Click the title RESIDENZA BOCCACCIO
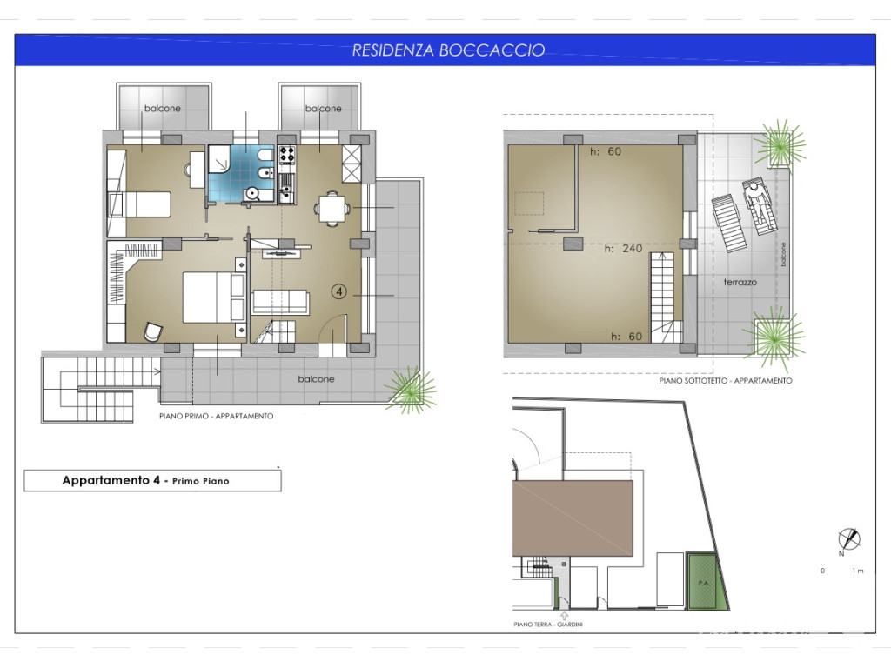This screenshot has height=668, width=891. [x=448, y=50]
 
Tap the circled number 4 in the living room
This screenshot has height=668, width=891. [x=339, y=292]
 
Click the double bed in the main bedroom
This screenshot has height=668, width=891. [x=214, y=297]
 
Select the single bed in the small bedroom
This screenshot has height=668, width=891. [x=139, y=204]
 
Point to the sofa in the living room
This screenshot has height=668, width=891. [x=280, y=302]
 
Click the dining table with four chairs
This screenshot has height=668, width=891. [x=332, y=209]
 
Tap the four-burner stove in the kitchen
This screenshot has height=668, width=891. [x=286, y=154]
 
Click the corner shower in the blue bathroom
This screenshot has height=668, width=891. [x=218, y=158]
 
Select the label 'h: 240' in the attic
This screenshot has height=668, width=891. [x=623, y=248]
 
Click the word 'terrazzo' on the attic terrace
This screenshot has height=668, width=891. [x=740, y=282]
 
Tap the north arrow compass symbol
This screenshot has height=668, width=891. [x=848, y=539]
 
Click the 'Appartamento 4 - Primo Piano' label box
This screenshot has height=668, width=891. [x=152, y=480]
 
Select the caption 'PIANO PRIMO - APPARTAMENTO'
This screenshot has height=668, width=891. [x=216, y=416]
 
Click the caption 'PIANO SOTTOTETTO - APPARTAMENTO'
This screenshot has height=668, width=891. [x=725, y=381]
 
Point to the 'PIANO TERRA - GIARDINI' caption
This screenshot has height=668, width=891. [x=548, y=625]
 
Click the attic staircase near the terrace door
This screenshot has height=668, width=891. [x=666, y=298]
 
